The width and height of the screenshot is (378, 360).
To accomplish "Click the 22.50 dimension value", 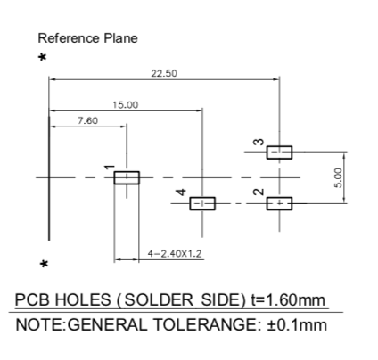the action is (x=164, y=73).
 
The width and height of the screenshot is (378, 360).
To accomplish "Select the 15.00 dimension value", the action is (x=126, y=105).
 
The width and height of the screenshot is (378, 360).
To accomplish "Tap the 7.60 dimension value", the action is (x=87, y=120).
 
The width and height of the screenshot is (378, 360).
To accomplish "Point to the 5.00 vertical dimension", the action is (x=339, y=178).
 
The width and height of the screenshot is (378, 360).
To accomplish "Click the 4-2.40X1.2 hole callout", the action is (x=175, y=253).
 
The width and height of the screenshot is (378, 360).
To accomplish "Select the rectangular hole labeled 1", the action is (x=127, y=177).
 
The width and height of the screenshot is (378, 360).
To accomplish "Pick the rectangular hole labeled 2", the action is (x=279, y=203).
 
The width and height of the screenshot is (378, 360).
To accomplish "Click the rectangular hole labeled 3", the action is (x=279, y=152).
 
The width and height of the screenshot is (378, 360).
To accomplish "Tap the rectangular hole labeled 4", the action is (x=202, y=203).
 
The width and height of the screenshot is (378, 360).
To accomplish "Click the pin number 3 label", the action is (x=259, y=143).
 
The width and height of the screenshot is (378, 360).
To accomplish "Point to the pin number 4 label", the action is (x=181, y=192).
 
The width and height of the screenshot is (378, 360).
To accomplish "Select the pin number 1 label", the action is (x=110, y=168).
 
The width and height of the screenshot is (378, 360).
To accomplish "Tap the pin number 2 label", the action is (x=259, y=192).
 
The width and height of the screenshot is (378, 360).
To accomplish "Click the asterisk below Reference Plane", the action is (x=43, y=57).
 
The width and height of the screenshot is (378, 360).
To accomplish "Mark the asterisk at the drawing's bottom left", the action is (x=44, y=264).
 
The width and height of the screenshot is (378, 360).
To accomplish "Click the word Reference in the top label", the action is (x=69, y=38).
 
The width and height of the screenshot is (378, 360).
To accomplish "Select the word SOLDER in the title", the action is (x=159, y=299).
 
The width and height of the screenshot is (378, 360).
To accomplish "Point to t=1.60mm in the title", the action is (x=288, y=299).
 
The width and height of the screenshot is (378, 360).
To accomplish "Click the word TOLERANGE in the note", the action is (x=207, y=324).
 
